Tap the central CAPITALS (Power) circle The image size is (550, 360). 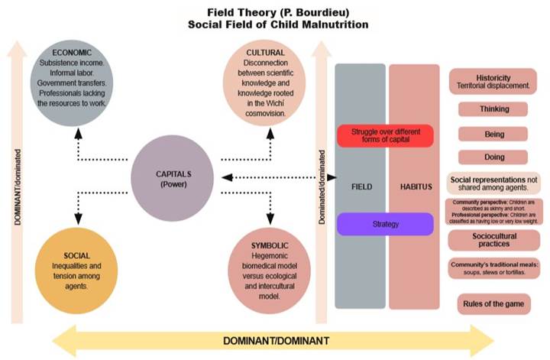(x=170, y=179)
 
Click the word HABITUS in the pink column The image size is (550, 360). (x=415, y=185)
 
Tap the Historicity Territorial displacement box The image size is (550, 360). (x=493, y=81)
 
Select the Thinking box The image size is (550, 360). (x=493, y=109)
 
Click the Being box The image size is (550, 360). (x=493, y=133)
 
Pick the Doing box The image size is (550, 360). (x=493, y=157)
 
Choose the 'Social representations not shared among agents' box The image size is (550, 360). (x=493, y=183)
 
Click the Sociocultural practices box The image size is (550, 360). (x=493, y=239)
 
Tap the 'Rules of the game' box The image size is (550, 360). (x=493, y=303)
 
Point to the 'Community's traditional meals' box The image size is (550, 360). (x=493, y=268)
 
